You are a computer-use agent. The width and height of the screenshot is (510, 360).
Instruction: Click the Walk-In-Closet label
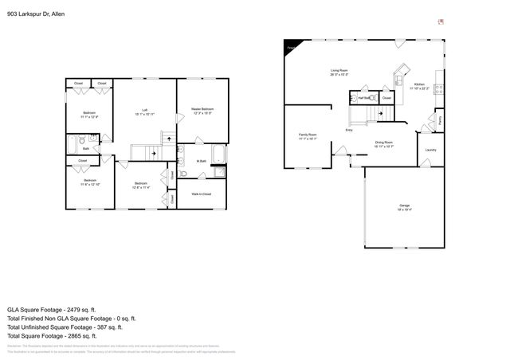pos(201,193)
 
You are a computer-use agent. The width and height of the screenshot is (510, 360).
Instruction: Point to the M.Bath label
pos(202,161)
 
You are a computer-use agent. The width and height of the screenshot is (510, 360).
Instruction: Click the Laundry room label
pos(430,150)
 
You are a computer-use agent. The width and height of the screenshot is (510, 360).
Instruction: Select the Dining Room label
pos(385,143)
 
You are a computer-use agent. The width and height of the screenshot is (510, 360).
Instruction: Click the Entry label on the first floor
pos(349,130)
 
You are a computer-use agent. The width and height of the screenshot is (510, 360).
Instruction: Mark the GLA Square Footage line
pos(51,308)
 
